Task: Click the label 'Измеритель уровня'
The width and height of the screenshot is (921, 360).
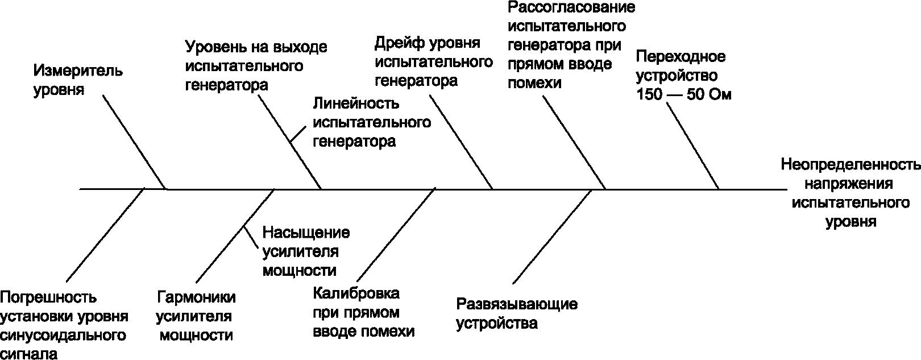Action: click(78, 80)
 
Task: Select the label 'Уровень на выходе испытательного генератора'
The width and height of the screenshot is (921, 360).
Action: click(256, 66)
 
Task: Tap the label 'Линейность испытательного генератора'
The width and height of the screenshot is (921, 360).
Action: click(371, 122)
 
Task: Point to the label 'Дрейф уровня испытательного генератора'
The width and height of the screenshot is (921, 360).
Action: click(433, 62)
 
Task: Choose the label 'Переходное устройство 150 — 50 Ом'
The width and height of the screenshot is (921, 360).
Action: click(683, 76)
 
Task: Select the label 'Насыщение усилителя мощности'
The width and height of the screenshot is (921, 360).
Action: click(305, 251)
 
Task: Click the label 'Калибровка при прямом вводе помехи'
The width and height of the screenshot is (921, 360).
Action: click(363, 313)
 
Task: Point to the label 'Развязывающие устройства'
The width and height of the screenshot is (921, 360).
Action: click(516, 313)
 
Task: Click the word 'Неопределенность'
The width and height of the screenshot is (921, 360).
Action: click(851, 165)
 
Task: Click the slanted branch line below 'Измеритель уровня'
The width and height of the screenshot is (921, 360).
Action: click(135, 142)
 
